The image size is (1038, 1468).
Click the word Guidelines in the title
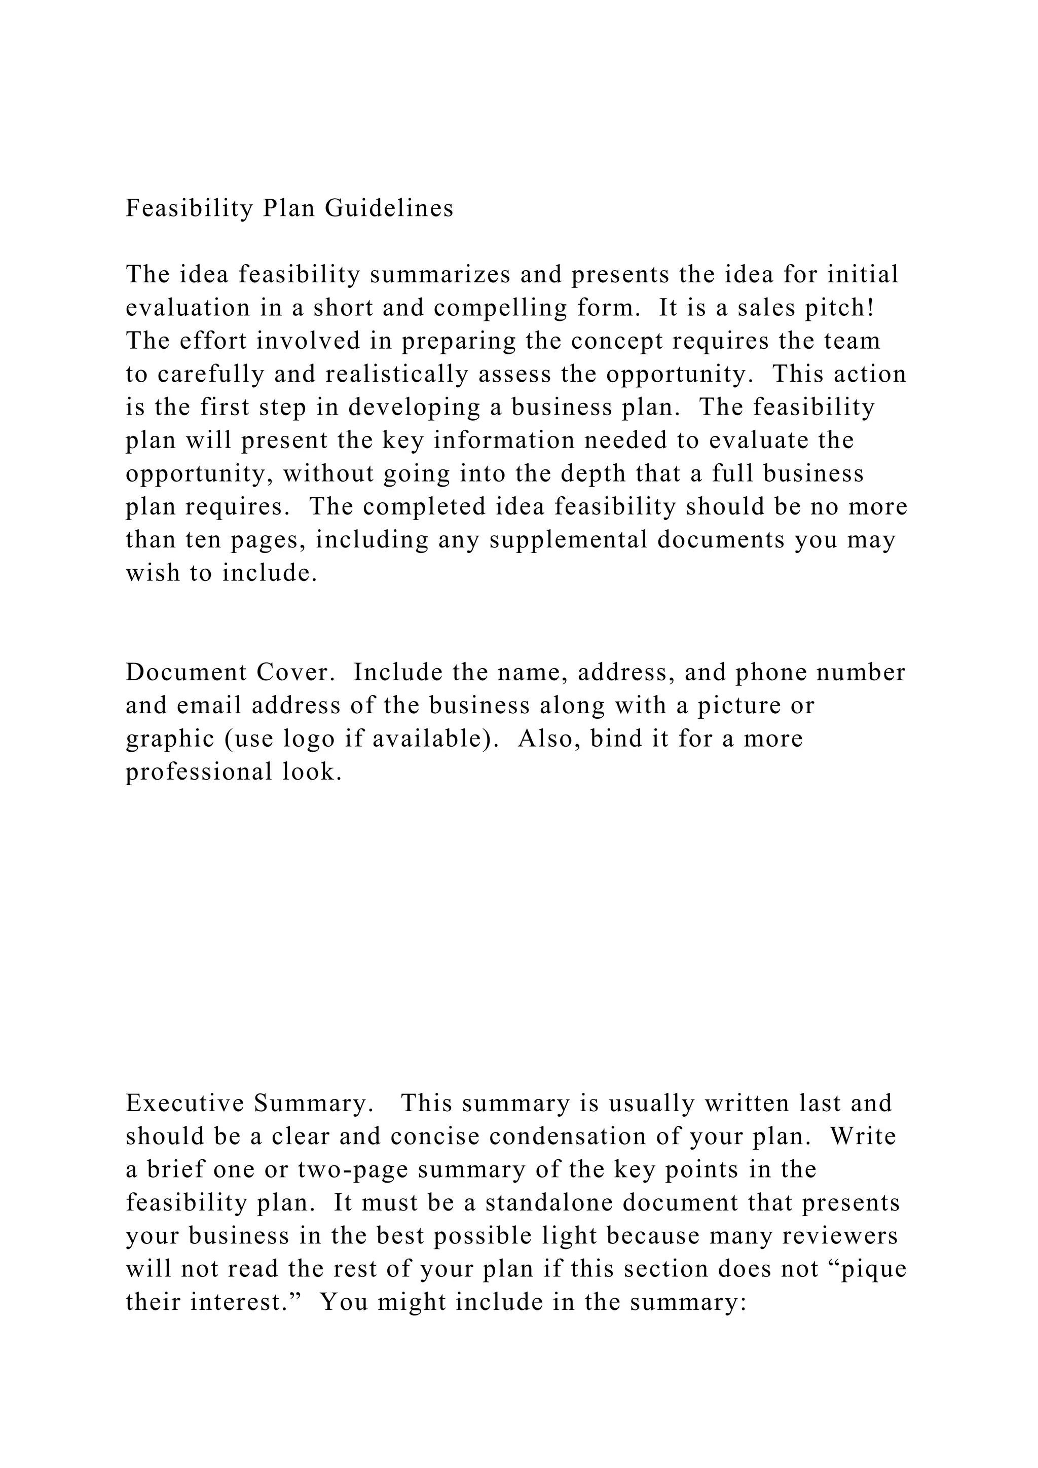tap(389, 208)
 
